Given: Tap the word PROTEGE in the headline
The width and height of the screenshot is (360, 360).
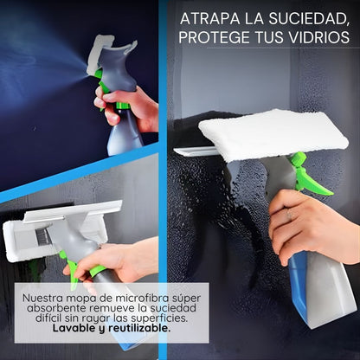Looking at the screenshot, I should (x=220, y=38).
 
